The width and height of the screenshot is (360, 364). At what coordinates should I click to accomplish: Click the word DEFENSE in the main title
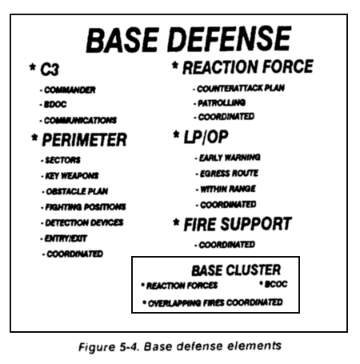[x=230, y=39]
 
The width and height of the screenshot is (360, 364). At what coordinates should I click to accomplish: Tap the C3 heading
[x=50, y=70]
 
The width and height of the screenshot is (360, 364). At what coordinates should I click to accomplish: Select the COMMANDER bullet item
[x=70, y=90]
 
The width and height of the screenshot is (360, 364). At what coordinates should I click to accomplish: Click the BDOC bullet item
[x=55, y=104]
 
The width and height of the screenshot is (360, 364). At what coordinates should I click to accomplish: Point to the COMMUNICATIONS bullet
[x=80, y=120]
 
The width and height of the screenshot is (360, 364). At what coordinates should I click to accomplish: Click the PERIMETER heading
[x=84, y=140]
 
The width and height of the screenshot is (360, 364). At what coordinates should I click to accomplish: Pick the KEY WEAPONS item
[x=72, y=176]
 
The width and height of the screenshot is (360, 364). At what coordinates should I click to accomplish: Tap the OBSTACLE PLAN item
[x=77, y=191]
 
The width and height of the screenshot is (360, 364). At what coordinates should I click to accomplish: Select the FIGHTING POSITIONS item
[x=86, y=207]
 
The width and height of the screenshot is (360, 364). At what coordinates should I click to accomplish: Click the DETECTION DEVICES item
[x=84, y=222]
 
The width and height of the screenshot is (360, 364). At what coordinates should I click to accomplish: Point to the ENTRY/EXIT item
[x=66, y=238]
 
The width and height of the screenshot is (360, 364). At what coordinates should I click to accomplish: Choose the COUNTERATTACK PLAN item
[x=241, y=89]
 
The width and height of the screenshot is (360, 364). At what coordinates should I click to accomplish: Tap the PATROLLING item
[x=222, y=103]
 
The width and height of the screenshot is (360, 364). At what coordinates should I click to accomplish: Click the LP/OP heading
[x=206, y=138]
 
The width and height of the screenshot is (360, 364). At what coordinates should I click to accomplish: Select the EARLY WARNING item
[x=230, y=158]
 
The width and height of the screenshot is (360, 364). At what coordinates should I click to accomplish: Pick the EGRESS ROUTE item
[x=229, y=174]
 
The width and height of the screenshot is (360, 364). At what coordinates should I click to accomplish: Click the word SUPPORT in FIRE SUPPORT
[x=256, y=224]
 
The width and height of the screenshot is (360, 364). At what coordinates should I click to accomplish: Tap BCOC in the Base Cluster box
[x=276, y=284]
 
